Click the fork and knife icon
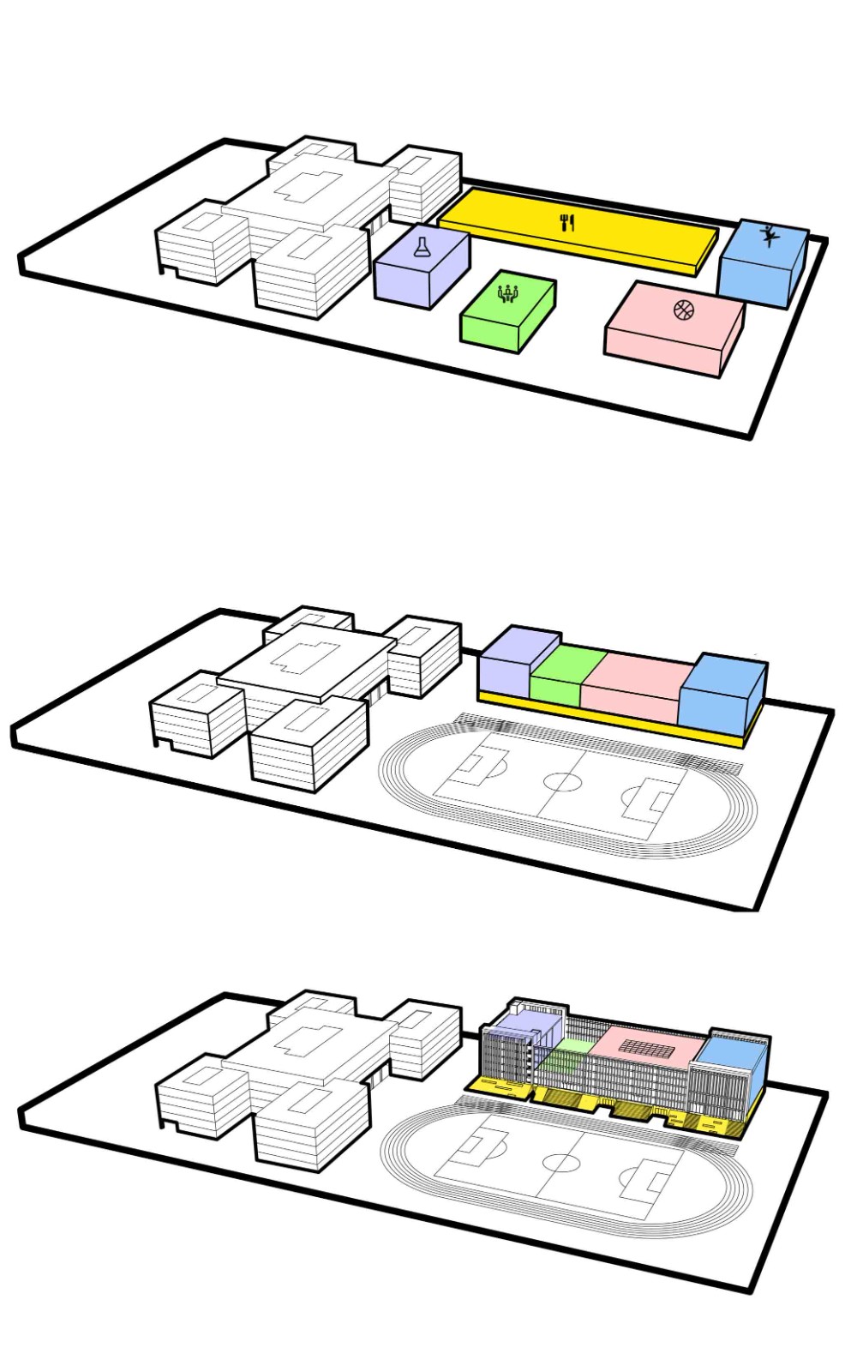click(x=566, y=224)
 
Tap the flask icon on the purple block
click(x=422, y=248)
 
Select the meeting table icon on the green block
click(x=508, y=293)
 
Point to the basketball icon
click(x=682, y=309)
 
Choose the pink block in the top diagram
click(x=673, y=330)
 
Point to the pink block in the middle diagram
click(x=634, y=686)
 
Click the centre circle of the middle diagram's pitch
click(x=563, y=783)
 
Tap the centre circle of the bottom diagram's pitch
click(x=561, y=1164)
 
